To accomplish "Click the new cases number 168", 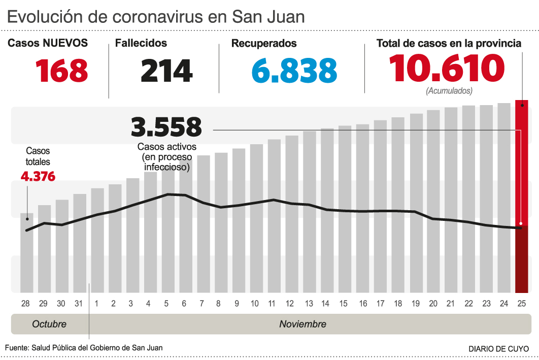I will pyautogui.click(x=62, y=71).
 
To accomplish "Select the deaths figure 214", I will pyautogui.click(x=166, y=71).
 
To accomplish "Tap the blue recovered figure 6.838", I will pyautogui.click(x=294, y=71).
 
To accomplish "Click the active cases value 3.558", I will pyautogui.click(x=166, y=127).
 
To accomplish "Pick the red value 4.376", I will pyautogui.click(x=38, y=177).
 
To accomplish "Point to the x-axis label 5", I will pyautogui.click(x=166, y=304).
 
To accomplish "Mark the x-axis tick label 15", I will pyautogui.click(x=344, y=304).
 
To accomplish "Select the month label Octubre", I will pyautogui.click(x=49, y=324).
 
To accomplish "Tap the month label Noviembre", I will pyautogui.click(x=302, y=324).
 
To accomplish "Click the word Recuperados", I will pyautogui.click(x=264, y=44).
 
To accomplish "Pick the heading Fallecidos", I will pyautogui.click(x=141, y=44).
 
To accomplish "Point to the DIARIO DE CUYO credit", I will pyautogui.click(x=498, y=349).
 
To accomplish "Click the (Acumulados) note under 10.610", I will pyautogui.click(x=449, y=91).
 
